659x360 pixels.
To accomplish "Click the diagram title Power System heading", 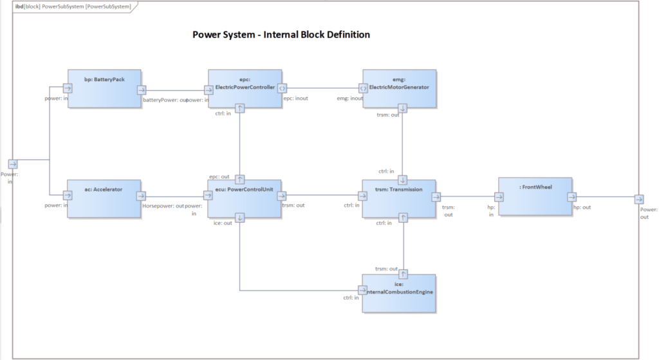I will click(x=281, y=34).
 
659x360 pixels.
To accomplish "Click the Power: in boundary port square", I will click(x=13, y=164).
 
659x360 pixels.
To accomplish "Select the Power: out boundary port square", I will click(x=638, y=200).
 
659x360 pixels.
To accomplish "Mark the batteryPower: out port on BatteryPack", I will click(x=141, y=90).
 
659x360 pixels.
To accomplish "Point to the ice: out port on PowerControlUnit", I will click(x=239, y=218).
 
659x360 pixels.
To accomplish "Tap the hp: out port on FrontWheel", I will click(x=571, y=197).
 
